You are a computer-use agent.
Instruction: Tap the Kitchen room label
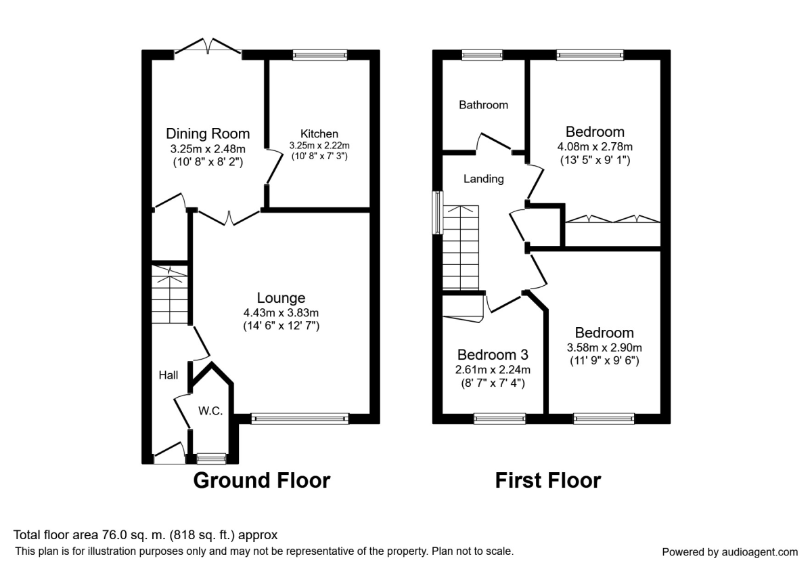tap(319, 134)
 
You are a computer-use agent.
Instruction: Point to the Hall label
tap(168, 375)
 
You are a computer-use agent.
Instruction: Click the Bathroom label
tap(483, 105)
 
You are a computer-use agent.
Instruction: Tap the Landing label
tap(483, 179)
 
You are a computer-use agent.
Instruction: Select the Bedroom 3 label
tap(493, 355)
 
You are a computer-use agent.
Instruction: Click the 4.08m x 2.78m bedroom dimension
tap(595, 146)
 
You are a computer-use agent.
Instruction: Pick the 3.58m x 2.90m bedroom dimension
tap(604, 347)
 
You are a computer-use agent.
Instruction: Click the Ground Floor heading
tap(262, 480)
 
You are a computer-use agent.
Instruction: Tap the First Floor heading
tap(548, 480)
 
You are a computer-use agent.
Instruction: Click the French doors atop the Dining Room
tap(208, 48)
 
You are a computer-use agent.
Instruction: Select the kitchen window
tap(320, 55)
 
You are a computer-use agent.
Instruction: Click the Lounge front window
tap(300, 419)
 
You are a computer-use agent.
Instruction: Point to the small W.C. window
tap(207, 459)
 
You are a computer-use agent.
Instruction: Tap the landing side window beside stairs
tap(438, 213)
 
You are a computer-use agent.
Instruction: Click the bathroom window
tap(482, 55)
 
